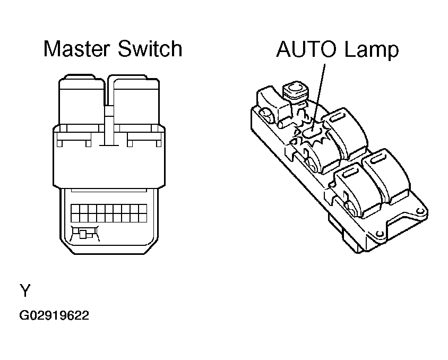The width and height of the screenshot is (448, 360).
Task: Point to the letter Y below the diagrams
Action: click(x=25, y=291)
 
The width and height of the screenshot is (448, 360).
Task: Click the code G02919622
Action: click(x=54, y=316)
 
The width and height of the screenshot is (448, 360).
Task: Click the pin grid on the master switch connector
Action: click(x=109, y=214)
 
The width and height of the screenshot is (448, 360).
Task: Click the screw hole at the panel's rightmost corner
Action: click(x=421, y=213)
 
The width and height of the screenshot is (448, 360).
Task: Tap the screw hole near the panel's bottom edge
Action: click(x=379, y=234)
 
